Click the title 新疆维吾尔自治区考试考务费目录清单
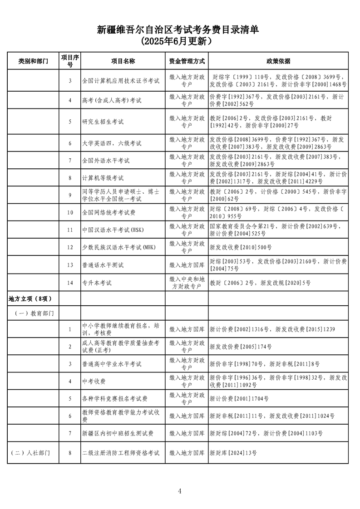[x=180, y=30]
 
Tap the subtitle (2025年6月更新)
[x=180, y=41]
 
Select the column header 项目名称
[x=123, y=61]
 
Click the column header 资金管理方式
[x=187, y=61]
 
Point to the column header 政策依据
[x=278, y=61]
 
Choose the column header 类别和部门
[x=33, y=61]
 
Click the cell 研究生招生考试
[x=103, y=122]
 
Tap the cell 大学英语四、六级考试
[x=112, y=143]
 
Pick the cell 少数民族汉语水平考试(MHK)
[x=118, y=247]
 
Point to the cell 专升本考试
[x=97, y=283]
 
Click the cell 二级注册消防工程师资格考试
[x=121, y=453]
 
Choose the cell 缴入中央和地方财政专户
[x=187, y=283]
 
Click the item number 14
[x=70, y=283]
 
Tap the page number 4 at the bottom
[x=180, y=491]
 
